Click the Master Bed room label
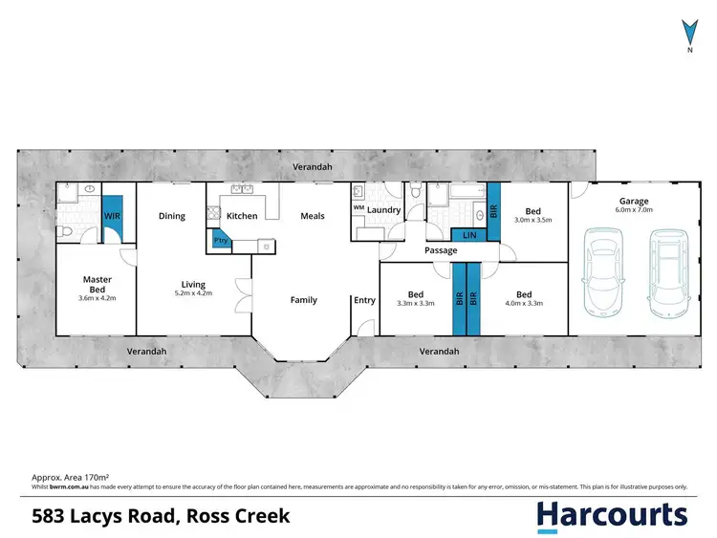click(x=97, y=285)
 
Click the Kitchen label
click(x=242, y=216)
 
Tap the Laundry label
click(x=383, y=210)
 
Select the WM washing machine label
click(x=358, y=207)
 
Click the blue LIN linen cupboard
click(x=468, y=234)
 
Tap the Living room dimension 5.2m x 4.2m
click(x=194, y=293)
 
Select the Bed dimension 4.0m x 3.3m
click(x=523, y=304)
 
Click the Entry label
click(x=364, y=300)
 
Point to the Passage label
click(x=442, y=250)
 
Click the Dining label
click(x=172, y=216)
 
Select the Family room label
click(x=304, y=300)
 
